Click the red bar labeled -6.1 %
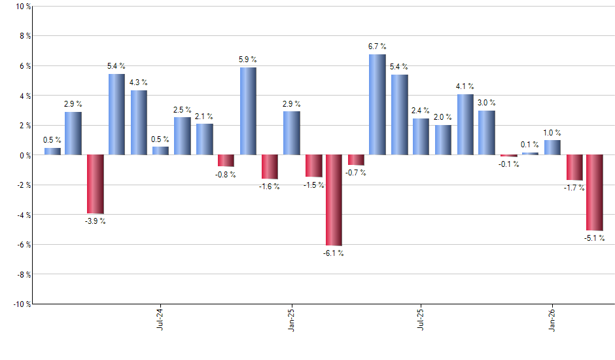point(334,200)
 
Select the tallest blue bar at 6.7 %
point(377,105)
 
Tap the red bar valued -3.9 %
point(96,184)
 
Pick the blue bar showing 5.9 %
point(248,111)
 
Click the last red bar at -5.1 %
point(595,192)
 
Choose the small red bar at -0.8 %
point(226,161)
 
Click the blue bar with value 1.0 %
point(552,147)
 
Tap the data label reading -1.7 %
point(574,189)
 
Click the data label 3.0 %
point(486,103)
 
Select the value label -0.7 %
point(357,173)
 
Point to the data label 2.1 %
point(204,116)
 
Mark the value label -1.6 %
point(269,187)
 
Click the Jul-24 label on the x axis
point(160,319)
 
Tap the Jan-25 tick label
point(291,319)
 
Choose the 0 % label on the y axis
point(24,155)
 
